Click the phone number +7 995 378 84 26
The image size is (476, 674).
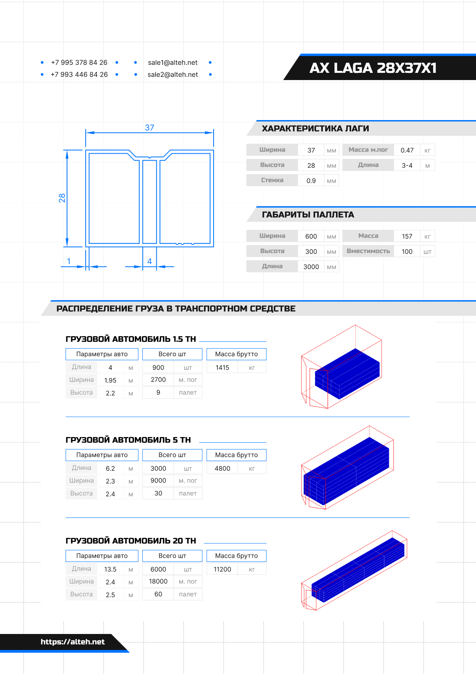click(x=79, y=62)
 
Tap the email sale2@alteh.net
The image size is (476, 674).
click(x=172, y=74)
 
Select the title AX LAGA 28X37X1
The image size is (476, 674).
click(x=373, y=68)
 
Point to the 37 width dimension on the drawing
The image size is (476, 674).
click(x=150, y=128)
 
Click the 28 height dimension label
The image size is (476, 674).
click(x=62, y=198)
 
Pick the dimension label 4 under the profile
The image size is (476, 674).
click(x=150, y=261)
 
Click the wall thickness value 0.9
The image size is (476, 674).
click(x=311, y=181)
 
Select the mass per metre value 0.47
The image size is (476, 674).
click(x=407, y=150)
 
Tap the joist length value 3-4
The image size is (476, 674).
click(x=407, y=165)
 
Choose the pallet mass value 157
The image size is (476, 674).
click(x=407, y=236)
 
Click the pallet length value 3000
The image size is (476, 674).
click(x=311, y=267)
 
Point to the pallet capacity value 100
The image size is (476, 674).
click(x=407, y=251)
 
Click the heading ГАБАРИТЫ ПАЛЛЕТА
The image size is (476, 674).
click(x=308, y=215)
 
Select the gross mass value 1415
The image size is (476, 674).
click(x=222, y=367)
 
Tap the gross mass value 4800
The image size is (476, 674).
click(x=222, y=468)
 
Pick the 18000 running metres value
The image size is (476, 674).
click(x=158, y=581)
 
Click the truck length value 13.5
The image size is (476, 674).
click(x=110, y=569)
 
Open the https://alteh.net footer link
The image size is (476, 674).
click(x=72, y=642)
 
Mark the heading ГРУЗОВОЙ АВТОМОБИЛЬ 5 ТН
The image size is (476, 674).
click(x=128, y=440)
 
